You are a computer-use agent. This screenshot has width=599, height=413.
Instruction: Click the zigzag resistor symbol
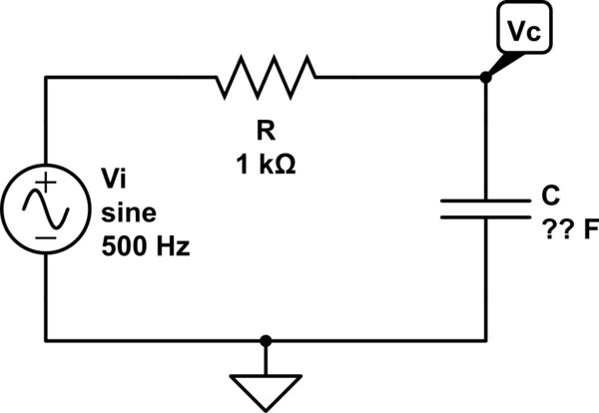pyautogui.click(x=267, y=77)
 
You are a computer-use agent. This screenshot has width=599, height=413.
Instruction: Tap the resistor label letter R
pyautogui.click(x=267, y=130)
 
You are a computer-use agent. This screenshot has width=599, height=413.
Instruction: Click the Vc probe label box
pyautogui.click(x=524, y=32)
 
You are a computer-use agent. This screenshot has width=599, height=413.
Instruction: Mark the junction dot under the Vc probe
pyautogui.click(x=486, y=77)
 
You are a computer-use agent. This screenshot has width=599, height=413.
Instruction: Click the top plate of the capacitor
pyautogui.click(x=486, y=201)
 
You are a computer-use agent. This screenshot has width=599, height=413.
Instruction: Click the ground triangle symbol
pyautogui.click(x=266, y=390)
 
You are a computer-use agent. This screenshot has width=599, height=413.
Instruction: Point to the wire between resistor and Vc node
pyautogui.click(x=399, y=77)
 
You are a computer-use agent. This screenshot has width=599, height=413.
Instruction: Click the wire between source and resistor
pyautogui.click(x=130, y=77)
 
